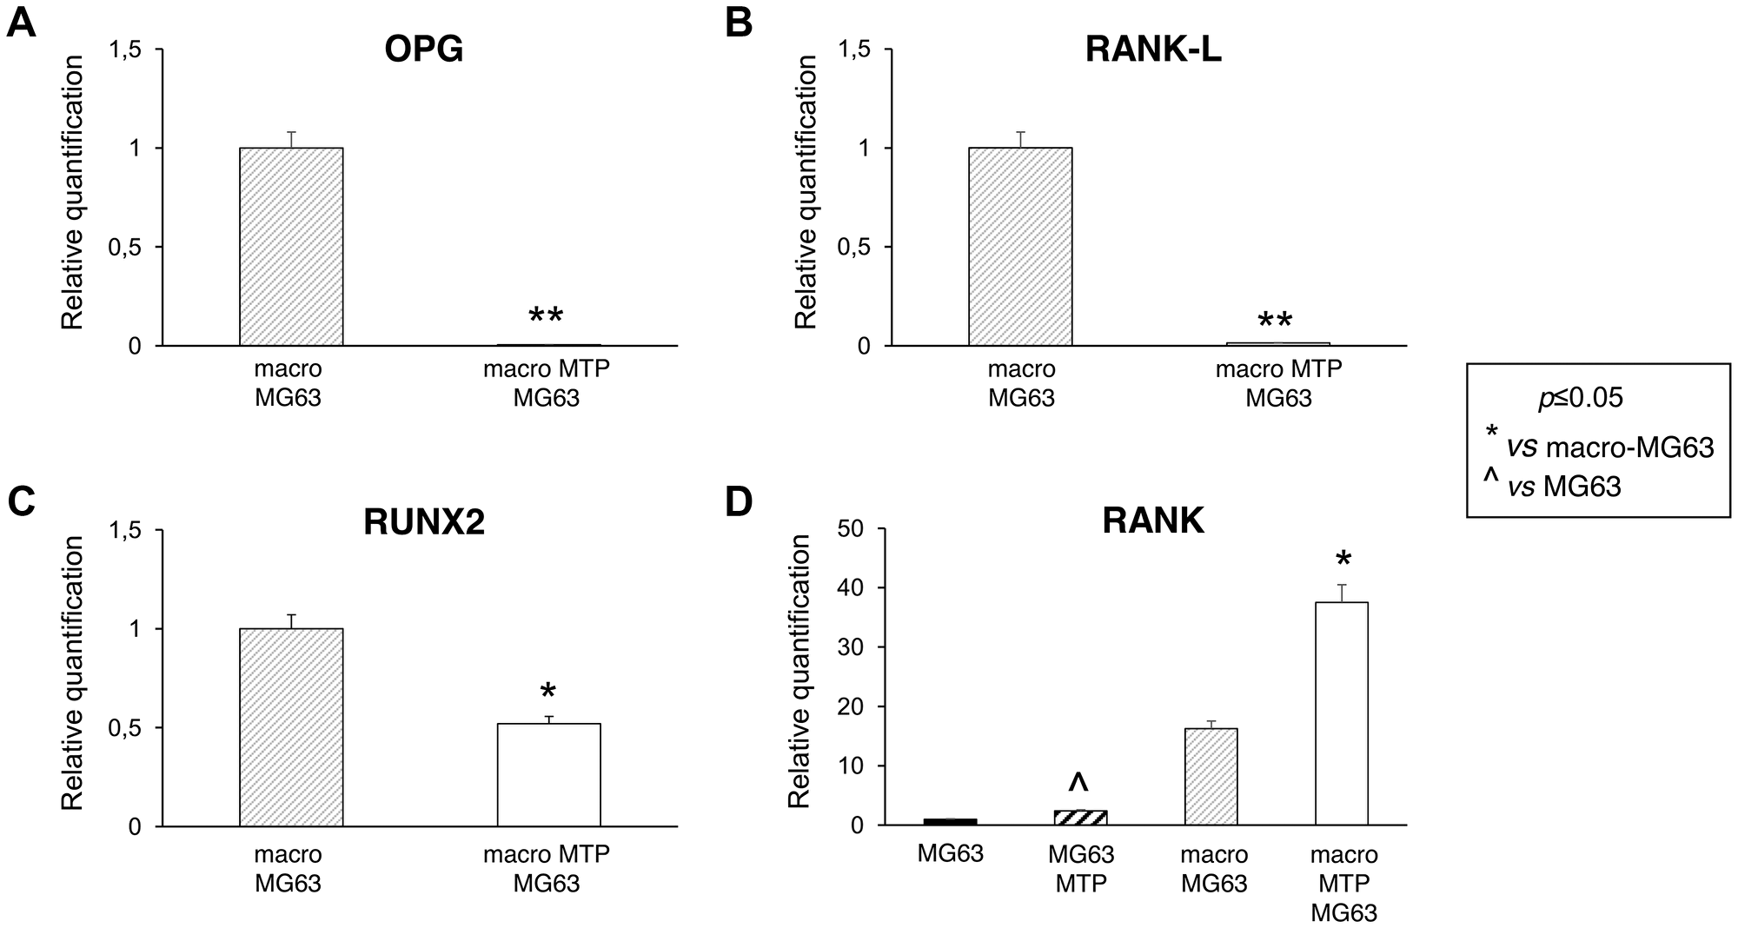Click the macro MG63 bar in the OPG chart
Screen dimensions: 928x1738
point(291,247)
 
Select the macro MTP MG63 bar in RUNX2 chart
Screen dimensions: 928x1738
point(548,774)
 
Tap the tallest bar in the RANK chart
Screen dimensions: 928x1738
point(1342,713)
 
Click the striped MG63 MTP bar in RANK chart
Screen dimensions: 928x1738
point(1080,817)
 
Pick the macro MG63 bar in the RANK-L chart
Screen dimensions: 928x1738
point(1020,247)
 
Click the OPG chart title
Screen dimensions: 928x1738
point(423,50)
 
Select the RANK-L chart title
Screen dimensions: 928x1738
point(1153,50)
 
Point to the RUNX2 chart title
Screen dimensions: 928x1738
point(423,521)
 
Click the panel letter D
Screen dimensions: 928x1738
point(739,502)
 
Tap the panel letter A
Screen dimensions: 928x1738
point(22,23)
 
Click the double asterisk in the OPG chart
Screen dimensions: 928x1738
point(546,317)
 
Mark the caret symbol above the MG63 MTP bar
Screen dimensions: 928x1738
point(1078,782)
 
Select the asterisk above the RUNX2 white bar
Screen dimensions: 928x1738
point(547,693)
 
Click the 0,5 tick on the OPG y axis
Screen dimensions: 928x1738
point(122,247)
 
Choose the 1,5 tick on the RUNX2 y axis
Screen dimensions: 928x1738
point(122,530)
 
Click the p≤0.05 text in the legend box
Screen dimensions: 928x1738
point(1580,398)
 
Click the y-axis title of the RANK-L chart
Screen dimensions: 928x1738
point(806,193)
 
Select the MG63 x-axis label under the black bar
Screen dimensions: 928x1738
point(950,854)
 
